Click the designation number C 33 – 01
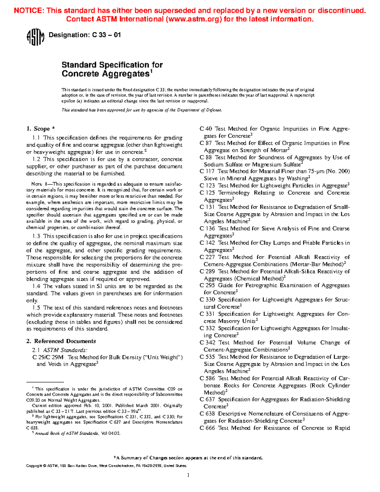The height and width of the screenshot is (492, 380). click(x=106, y=35)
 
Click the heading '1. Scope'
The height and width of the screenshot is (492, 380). click(x=40, y=129)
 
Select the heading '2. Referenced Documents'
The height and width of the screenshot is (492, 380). click(x=61, y=341)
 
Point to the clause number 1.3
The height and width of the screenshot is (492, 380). click(x=36, y=236)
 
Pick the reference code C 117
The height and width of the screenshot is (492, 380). click(x=207, y=171)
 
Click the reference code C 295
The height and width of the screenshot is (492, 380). click(x=207, y=285)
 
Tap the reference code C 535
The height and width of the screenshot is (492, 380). click(x=207, y=357)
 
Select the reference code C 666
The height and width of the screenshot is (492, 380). click(x=207, y=428)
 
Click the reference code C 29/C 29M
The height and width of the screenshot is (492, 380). click(x=48, y=357)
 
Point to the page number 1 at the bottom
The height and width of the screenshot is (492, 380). click(x=188, y=475)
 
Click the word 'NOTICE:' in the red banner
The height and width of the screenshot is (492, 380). click(x=29, y=10)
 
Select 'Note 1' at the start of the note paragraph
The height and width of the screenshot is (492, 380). click(x=39, y=184)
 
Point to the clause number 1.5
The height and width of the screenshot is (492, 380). click(x=36, y=308)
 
